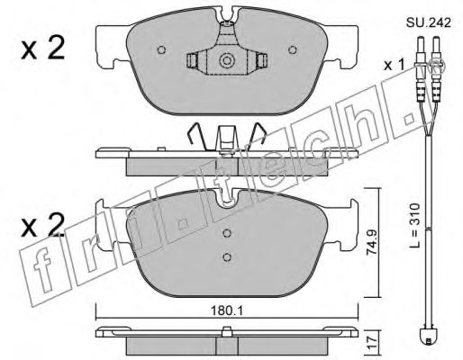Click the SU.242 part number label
coord(429,22)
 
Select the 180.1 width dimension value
coord(227,311)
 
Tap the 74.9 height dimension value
coord(372,242)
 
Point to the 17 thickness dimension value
coord(371,342)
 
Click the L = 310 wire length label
coord(415,226)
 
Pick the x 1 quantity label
coord(395,65)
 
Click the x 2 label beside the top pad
coord(43,49)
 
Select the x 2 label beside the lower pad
coord(43,226)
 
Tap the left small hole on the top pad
coord(161,49)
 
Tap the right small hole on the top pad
coord(293,49)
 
